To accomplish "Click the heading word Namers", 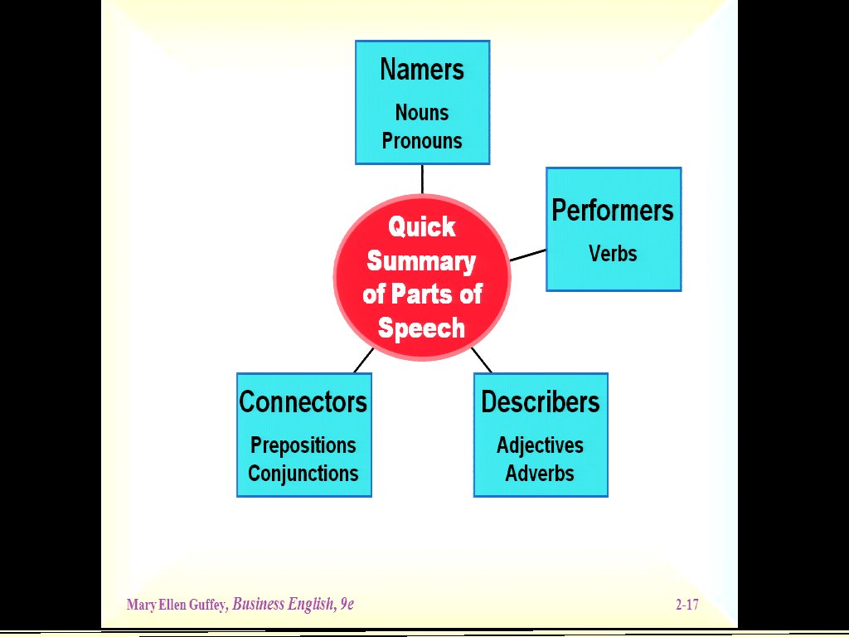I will [422, 70].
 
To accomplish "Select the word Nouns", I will [422, 112].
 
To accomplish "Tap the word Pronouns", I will [422, 141].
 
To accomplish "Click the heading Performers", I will [613, 211].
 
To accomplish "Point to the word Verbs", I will [613, 253].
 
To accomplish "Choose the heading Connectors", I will [303, 402].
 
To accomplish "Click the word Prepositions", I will [303, 445].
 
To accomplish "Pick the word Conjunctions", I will [303, 474].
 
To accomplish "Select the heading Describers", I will [541, 402].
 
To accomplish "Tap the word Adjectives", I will [541, 445].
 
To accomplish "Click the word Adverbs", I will [541, 474].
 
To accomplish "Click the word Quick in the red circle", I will [422, 226].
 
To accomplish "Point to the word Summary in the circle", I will [421, 260].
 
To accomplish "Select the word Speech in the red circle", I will [421, 328].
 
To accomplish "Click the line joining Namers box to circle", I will [422, 178].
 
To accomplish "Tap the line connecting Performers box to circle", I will [528, 255].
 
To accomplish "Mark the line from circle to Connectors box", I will [363, 361].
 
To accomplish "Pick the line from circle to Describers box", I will [482, 360].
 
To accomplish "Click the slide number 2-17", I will [686, 605].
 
